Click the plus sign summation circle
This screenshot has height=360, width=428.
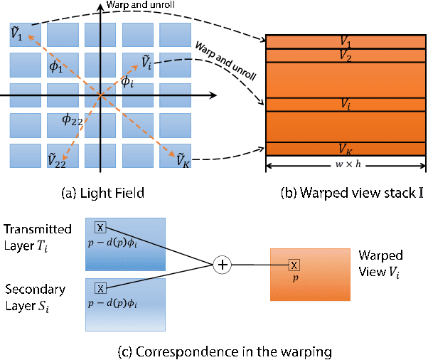click(x=223, y=265)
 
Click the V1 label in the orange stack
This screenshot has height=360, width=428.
click(x=345, y=43)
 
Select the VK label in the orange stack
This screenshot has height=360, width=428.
click(x=346, y=150)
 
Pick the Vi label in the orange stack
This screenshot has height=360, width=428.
click(x=345, y=105)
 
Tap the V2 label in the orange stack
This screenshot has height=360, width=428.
click(x=345, y=55)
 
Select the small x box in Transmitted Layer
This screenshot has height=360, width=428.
click(x=100, y=227)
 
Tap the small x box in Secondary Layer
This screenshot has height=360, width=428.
click(x=100, y=288)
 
